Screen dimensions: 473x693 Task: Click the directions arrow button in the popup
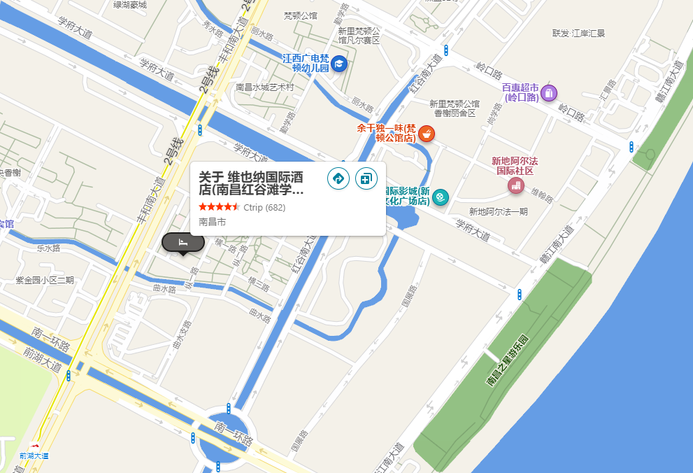(338, 178)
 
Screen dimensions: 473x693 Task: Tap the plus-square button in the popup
(366, 178)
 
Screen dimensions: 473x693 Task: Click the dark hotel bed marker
(183, 242)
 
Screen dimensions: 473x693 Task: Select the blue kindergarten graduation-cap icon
(339, 64)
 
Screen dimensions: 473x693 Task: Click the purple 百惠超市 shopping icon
(549, 92)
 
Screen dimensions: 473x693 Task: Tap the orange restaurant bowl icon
(426, 133)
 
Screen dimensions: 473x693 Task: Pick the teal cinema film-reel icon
(440, 197)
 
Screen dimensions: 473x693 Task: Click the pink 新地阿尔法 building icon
(515, 185)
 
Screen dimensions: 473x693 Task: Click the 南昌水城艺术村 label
(264, 87)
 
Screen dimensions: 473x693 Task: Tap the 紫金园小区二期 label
(45, 281)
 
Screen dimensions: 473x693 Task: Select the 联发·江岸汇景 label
(578, 33)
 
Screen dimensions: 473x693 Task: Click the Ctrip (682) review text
(264, 207)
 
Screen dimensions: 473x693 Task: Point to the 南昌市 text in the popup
(212, 222)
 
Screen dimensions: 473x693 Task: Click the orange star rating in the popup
(219, 207)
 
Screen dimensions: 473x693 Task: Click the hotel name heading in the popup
(252, 183)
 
